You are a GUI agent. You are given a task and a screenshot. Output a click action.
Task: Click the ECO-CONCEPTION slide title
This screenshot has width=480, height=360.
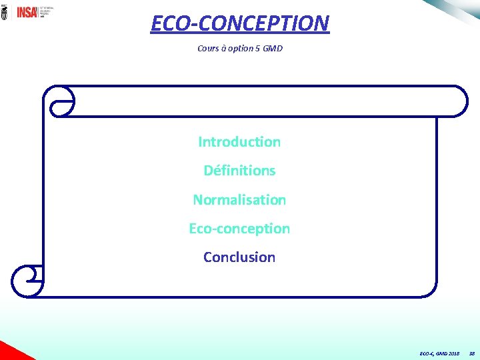tap(239, 23)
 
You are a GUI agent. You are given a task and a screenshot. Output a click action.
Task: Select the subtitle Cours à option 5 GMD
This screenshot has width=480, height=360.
tap(239, 49)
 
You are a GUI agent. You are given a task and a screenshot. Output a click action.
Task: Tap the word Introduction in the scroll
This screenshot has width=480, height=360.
tap(239, 142)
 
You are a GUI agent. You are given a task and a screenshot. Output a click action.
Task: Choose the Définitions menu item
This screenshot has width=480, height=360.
tap(239, 171)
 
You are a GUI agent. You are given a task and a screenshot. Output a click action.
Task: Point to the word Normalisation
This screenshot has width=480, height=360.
tap(239, 199)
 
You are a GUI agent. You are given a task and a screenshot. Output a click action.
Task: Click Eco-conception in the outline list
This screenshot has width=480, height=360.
tap(239, 229)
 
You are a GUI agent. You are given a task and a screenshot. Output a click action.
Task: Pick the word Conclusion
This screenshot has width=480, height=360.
tap(239, 257)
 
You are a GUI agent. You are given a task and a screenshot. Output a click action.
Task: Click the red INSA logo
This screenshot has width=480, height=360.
tap(27, 11)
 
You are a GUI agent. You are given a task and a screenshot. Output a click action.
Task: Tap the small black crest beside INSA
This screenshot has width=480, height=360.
tap(5, 11)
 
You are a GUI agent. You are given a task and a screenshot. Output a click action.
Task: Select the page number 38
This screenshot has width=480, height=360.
tap(471, 353)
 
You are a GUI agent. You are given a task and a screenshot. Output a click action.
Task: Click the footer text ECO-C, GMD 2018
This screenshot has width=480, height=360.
tap(439, 353)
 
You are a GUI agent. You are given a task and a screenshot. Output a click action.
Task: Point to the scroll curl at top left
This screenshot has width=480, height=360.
tap(59, 101)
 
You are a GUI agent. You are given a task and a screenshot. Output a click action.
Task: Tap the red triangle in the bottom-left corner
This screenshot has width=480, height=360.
tap(10, 352)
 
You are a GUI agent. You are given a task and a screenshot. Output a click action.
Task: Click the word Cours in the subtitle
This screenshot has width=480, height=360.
tap(208, 49)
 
